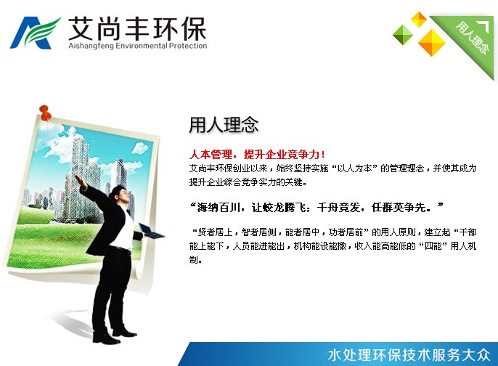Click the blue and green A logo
coord(35,33)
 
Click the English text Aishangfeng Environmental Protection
coord(138,46)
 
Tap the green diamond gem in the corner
coord(403,34)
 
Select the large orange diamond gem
coord(432,42)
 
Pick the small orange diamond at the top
coord(419,19)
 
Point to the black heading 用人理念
coord(224,125)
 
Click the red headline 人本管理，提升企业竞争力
coord(257,155)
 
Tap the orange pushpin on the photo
coord(45,113)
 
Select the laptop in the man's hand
coord(151,231)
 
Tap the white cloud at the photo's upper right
coord(140,147)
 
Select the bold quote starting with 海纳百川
coord(317,208)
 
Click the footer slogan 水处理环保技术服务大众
coord(409,355)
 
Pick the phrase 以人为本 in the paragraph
coord(354,168)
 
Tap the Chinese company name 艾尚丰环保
coord(137,28)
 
